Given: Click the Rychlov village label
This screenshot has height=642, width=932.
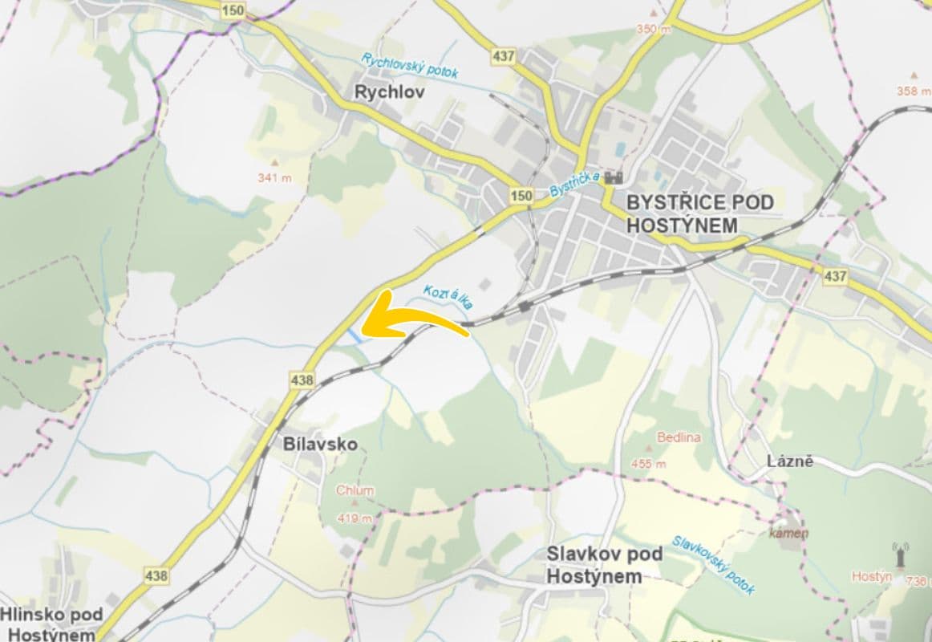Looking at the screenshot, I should point(389,92).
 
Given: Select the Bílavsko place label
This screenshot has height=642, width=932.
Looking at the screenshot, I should point(319,444).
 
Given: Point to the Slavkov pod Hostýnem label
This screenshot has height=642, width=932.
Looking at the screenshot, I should point(605,565).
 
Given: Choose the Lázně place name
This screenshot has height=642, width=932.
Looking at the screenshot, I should point(790,461).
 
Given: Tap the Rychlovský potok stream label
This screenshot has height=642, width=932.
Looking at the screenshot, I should point(409,67).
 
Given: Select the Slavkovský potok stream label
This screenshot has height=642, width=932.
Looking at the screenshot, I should point(713,565).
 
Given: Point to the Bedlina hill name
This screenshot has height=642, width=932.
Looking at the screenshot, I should point(679,437).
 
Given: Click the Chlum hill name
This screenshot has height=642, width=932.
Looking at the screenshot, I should point(355,490).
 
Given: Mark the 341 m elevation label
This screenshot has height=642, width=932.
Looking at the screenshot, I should point(274,177).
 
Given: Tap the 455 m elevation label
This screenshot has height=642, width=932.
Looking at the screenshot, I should point(649,464).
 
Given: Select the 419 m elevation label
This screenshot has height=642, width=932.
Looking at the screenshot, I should point(355,518).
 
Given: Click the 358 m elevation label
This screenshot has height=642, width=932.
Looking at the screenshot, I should point(914,91).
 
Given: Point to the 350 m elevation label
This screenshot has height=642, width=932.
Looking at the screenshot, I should point(653,29).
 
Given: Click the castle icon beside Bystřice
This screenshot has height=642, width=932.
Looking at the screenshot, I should point(615,177).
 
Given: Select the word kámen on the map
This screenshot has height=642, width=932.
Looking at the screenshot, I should point(789,533).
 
